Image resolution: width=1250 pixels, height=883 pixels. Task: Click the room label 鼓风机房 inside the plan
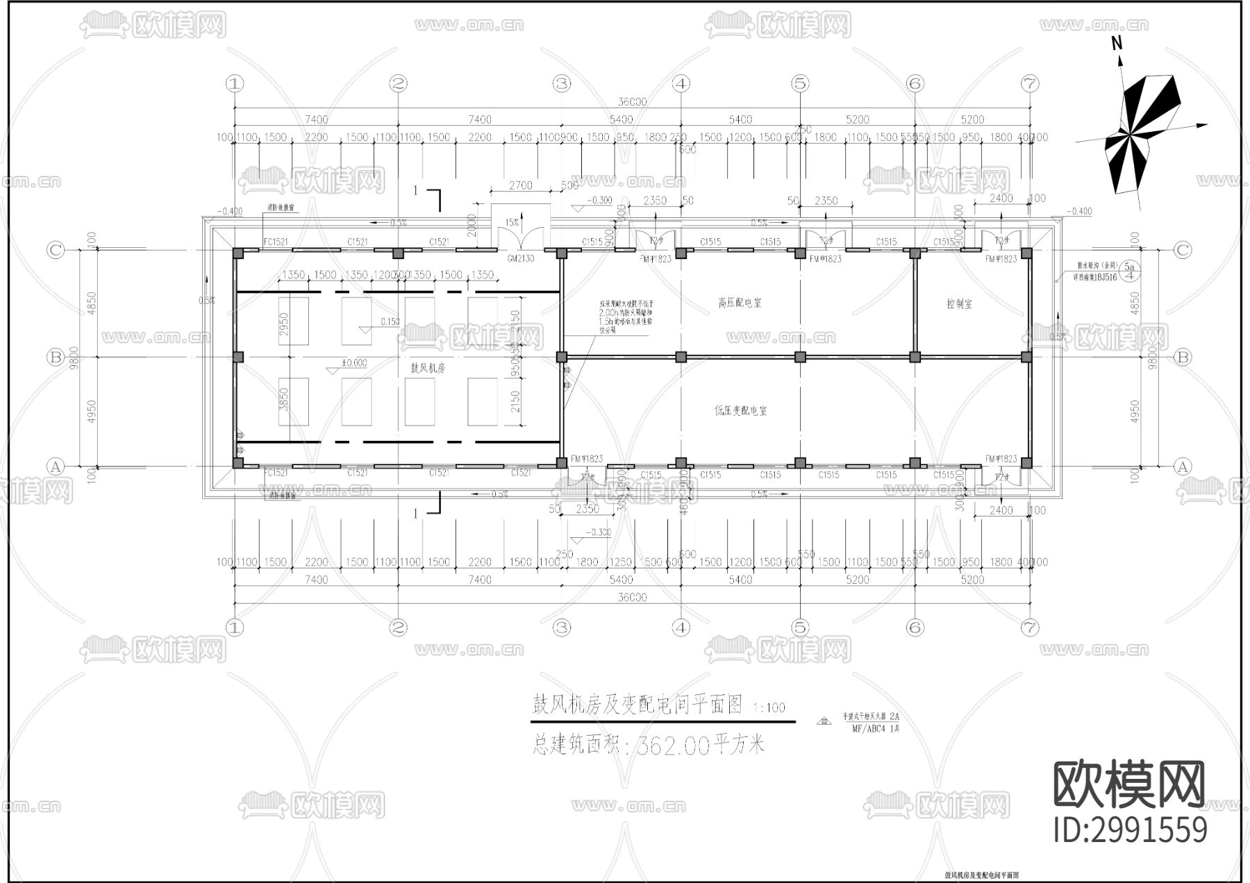(427, 368)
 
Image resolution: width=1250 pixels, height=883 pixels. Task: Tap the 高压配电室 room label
(740, 303)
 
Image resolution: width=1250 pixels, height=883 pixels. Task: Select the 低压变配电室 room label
(741, 410)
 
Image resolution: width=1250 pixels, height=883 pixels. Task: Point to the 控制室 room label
(959, 303)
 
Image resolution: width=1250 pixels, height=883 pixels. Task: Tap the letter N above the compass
(1117, 43)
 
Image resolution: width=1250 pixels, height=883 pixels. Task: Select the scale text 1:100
(769, 707)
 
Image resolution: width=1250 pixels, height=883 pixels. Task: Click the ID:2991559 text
(1130, 830)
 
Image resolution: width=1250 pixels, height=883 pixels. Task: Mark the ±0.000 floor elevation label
(354, 363)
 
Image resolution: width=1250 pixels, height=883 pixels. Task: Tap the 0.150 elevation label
(390, 321)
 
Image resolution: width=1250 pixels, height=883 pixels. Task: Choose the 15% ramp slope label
(512, 223)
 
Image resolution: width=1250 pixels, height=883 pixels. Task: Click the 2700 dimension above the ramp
(520, 185)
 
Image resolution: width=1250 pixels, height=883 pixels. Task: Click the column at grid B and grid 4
(681, 357)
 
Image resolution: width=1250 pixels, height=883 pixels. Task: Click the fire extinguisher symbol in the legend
(825, 721)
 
